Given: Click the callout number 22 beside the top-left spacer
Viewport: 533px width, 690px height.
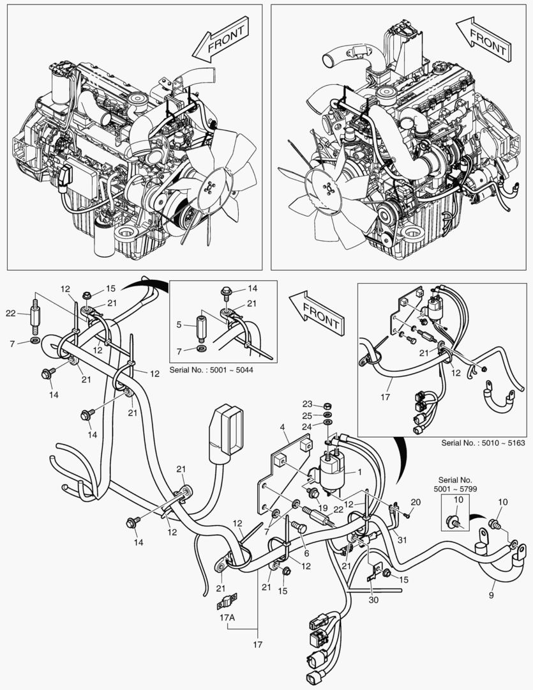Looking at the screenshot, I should [10, 312].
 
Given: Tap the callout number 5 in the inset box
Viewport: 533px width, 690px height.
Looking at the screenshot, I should [179, 325].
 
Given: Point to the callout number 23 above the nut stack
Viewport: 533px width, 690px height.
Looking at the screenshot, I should [308, 404].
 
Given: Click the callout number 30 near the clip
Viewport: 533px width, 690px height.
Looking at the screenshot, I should [373, 601].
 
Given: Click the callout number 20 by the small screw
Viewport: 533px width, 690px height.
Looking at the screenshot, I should [416, 502].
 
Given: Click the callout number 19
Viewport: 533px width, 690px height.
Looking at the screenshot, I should [323, 509].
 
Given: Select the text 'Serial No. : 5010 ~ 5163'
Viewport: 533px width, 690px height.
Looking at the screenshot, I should [483, 442].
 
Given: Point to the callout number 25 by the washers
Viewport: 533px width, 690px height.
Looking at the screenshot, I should [308, 415].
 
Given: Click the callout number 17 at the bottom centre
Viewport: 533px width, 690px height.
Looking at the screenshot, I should [257, 645].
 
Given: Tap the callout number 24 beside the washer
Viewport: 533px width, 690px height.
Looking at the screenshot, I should [308, 426].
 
